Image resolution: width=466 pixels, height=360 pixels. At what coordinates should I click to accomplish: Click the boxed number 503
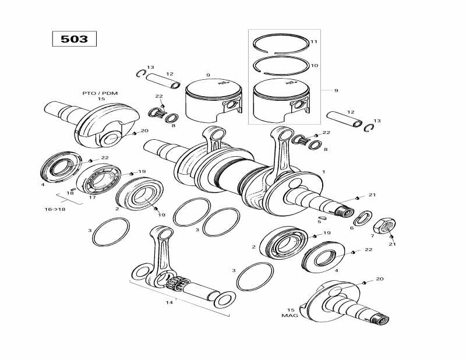click(75, 39)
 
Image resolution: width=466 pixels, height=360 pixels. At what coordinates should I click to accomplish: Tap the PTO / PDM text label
click(100, 93)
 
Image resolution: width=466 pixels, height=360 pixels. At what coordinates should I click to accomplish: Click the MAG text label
click(290, 315)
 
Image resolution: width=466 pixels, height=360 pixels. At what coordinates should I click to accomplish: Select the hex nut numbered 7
click(384, 227)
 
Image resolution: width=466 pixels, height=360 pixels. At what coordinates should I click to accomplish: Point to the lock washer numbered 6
click(362, 218)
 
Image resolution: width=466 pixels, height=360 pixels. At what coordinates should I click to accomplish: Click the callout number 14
click(169, 302)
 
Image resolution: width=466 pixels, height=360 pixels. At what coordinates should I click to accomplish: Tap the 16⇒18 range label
click(55, 209)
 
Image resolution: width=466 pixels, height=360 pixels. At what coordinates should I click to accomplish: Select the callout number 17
click(93, 197)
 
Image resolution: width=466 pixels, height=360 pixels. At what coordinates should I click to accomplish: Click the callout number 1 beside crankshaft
click(324, 172)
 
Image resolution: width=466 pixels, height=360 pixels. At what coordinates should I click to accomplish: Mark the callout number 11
click(314, 41)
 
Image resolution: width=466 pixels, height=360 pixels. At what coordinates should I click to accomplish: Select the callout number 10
click(314, 65)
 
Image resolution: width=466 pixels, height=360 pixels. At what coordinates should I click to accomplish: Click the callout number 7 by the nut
click(372, 236)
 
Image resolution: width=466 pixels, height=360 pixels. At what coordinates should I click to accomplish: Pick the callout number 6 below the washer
click(352, 228)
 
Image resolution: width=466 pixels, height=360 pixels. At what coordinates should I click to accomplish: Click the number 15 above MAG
click(291, 310)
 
